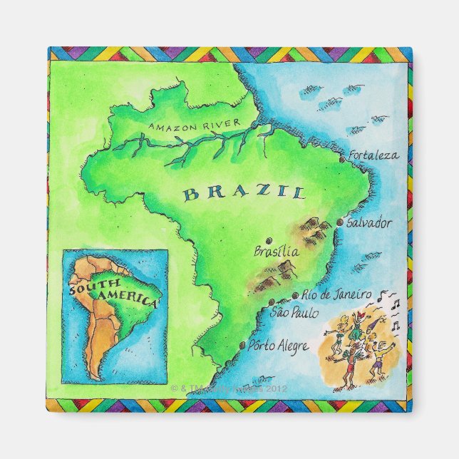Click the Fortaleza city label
pyautogui.click(x=374, y=155)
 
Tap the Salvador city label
pyautogui.click(x=368, y=222)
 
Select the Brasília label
pyautogui.click(x=277, y=251)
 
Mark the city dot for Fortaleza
pyautogui.click(x=342, y=160)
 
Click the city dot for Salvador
pyautogui.click(x=339, y=223)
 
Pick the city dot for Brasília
pyautogui.click(x=268, y=240)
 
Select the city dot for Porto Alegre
pyautogui.click(x=242, y=347)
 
